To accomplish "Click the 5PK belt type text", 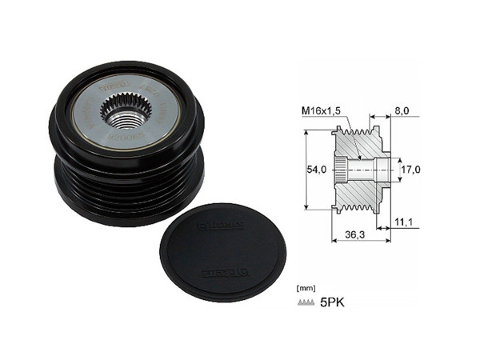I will click(x=330, y=302).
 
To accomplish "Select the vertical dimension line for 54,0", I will click(x=306, y=170).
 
